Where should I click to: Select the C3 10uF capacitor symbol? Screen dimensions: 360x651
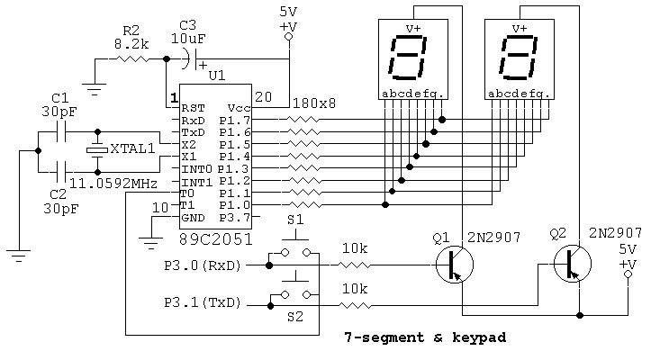(x=186, y=59)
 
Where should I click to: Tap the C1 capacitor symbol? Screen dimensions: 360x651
(x=61, y=132)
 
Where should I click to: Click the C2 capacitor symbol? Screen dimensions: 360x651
(x=61, y=169)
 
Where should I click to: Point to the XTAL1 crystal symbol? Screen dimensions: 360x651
(x=96, y=150)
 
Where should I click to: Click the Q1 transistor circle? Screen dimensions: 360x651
(x=453, y=265)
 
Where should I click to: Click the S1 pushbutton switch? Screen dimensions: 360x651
(x=294, y=253)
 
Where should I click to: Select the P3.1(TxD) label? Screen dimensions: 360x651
(x=202, y=305)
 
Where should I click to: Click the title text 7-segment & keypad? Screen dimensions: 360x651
(x=425, y=338)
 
